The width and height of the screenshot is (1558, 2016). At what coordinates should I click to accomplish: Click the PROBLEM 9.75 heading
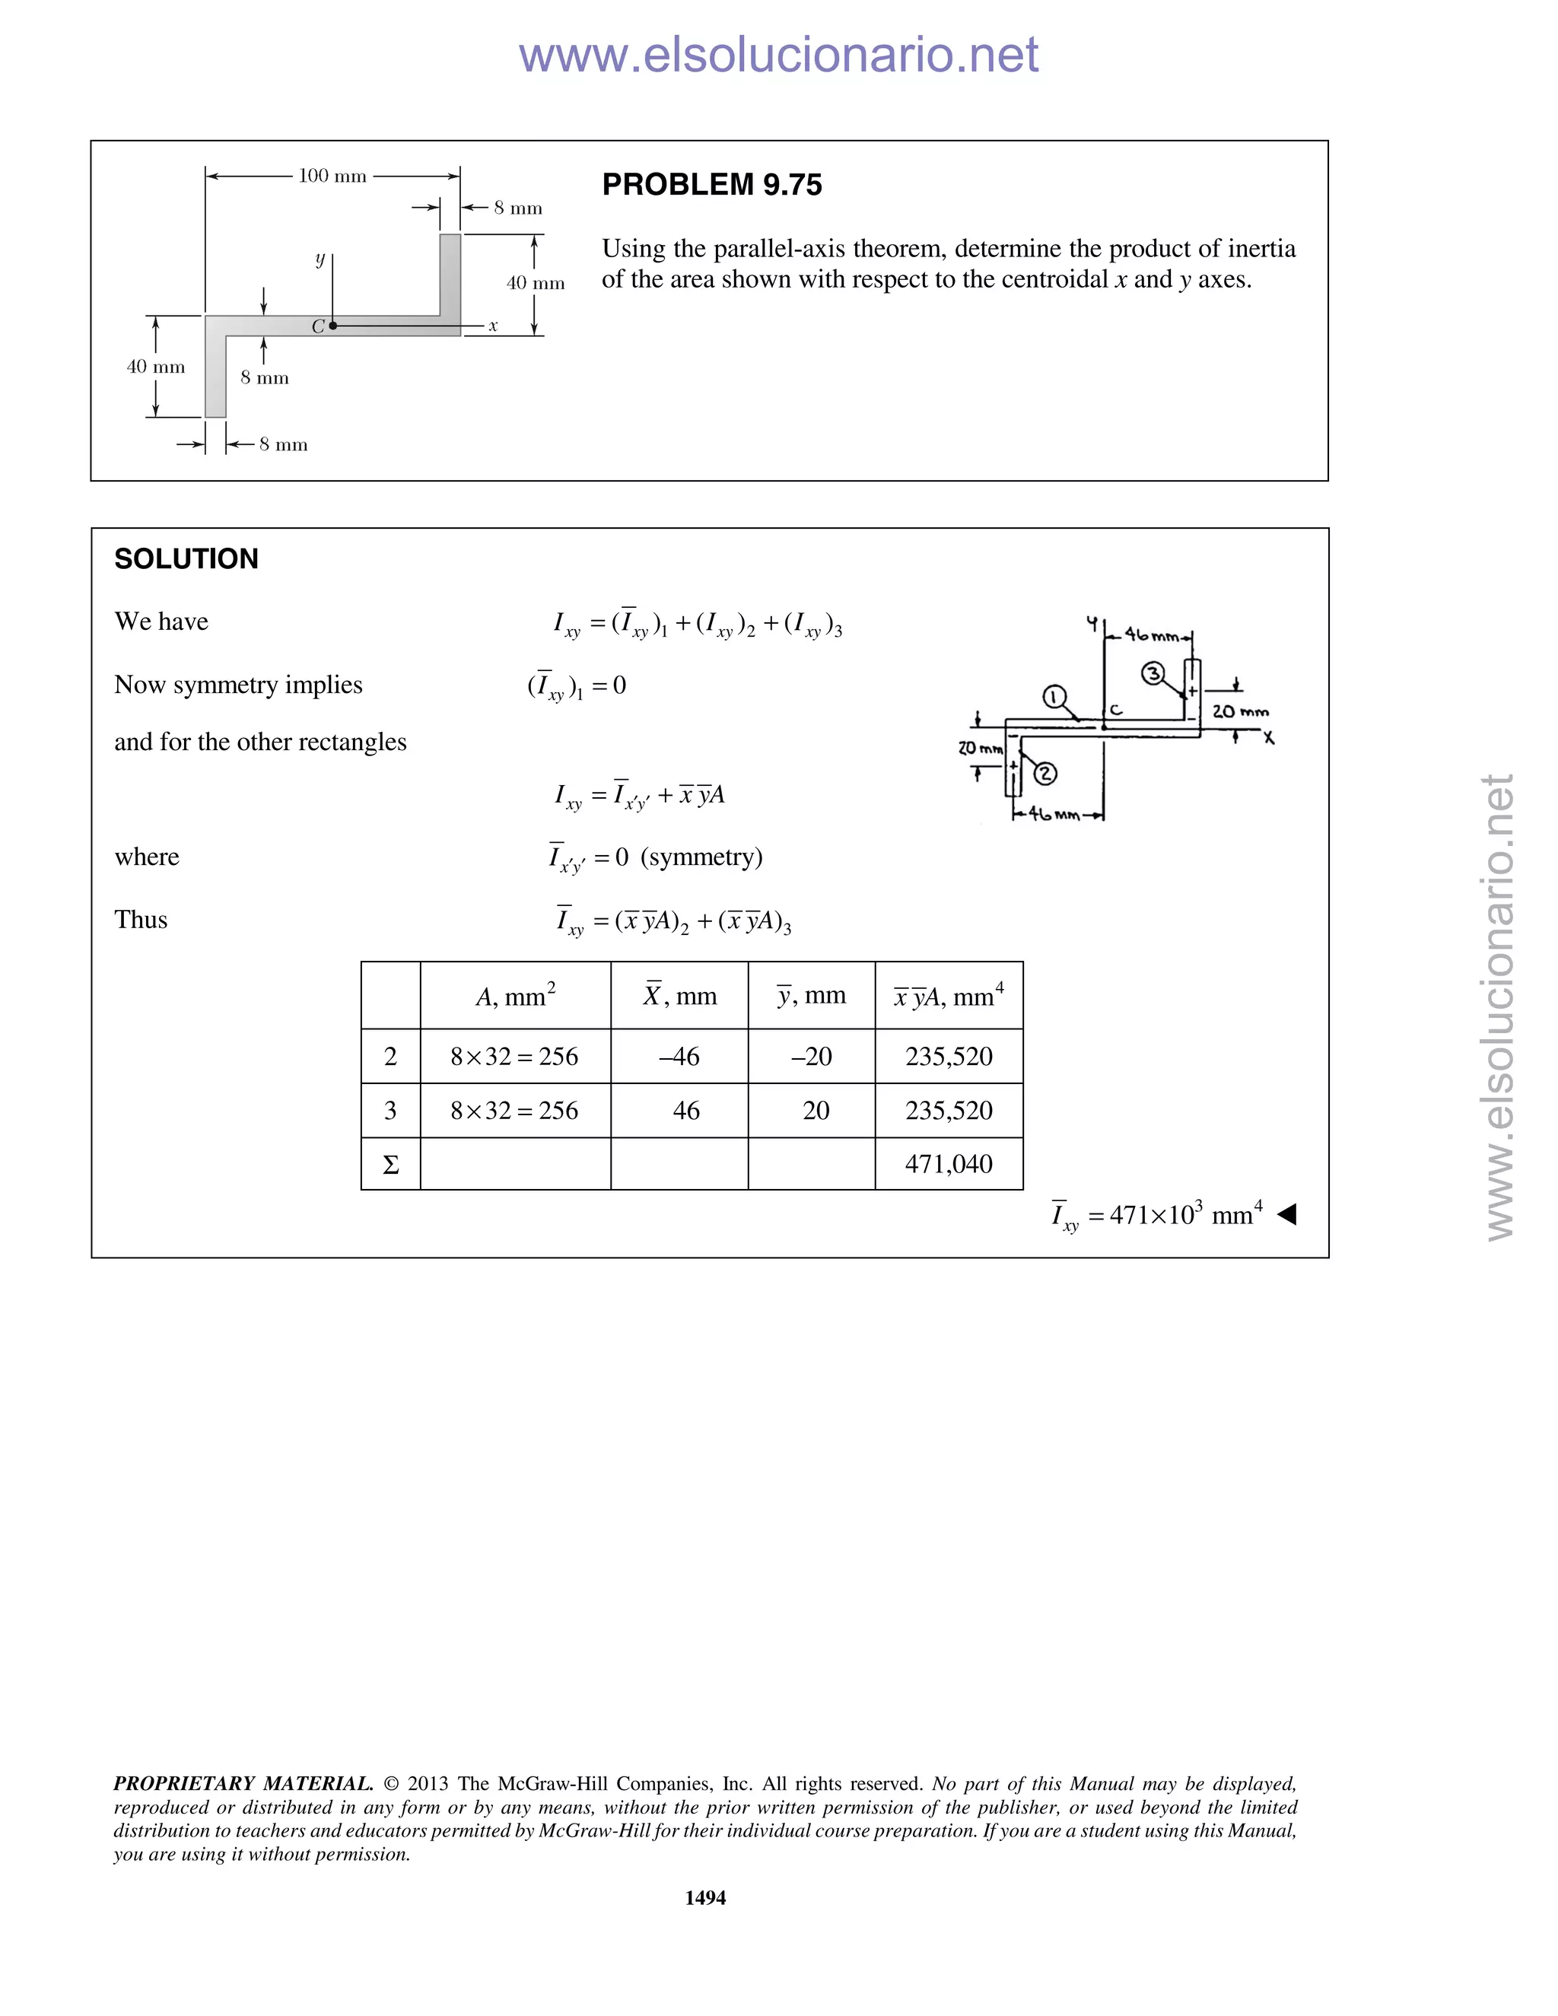click(711, 185)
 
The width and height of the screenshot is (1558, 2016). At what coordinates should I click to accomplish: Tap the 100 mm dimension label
click(332, 176)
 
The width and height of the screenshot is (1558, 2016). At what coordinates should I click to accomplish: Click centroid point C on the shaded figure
click(333, 326)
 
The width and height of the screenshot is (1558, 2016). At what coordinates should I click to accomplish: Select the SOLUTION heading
click(186, 558)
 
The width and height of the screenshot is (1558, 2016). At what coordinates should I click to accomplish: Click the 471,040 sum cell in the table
click(948, 1163)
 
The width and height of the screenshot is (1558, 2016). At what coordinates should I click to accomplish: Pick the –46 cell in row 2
click(679, 1056)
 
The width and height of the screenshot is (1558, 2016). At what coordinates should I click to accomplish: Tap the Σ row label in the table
click(390, 1165)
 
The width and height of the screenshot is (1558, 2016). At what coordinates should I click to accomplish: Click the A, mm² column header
click(515, 996)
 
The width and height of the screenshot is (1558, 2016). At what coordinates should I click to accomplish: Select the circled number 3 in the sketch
click(1153, 674)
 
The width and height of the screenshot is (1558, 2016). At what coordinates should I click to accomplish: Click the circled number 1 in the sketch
click(1054, 697)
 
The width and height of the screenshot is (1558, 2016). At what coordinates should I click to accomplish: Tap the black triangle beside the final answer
click(1286, 1214)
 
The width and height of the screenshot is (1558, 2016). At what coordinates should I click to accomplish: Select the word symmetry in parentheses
click(701, 857)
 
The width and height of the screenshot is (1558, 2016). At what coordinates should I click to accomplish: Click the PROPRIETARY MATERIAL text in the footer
click(243, 1783)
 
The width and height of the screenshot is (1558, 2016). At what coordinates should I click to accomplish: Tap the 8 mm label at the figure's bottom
click(283, 444)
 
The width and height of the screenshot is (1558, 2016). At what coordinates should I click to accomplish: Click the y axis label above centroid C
click(320, 259)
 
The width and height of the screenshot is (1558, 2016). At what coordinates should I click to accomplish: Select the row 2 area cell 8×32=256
click(514, 1056)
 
